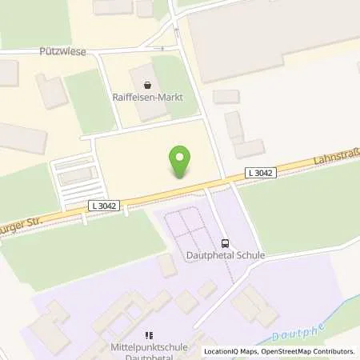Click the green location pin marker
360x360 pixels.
coord(181,162)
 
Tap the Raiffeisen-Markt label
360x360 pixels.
coord(146,98)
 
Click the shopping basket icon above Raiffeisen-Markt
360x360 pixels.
coord(146,83)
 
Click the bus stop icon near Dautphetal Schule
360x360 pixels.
coord(225,243)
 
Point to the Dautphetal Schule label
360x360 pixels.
coord(225,256)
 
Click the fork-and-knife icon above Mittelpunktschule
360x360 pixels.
coord(146,336)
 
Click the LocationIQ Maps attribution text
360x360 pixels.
coord(231,351)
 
